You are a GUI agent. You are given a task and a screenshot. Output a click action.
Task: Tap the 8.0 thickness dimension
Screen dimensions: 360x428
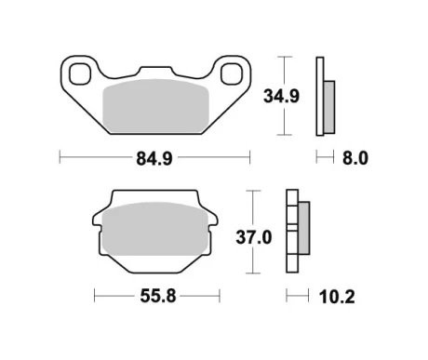[355, 158]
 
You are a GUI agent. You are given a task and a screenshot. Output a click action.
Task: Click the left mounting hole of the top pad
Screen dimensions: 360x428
[76, 71]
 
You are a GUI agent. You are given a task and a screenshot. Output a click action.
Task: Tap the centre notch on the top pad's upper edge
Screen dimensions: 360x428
[153, 68]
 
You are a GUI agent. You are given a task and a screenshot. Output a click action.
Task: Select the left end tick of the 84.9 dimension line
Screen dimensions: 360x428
[60, 158]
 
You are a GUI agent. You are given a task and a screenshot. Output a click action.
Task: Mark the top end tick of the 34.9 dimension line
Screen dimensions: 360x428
[284, 58]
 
